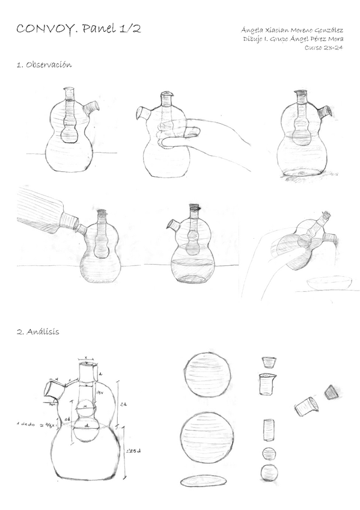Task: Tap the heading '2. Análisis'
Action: tap(38, 331)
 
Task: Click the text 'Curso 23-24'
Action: tap(324, 48)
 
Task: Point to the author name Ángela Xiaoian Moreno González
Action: tap(291, 29)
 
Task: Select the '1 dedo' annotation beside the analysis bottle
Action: tap(27, 425)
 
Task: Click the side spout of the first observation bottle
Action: tap(91, 109)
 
